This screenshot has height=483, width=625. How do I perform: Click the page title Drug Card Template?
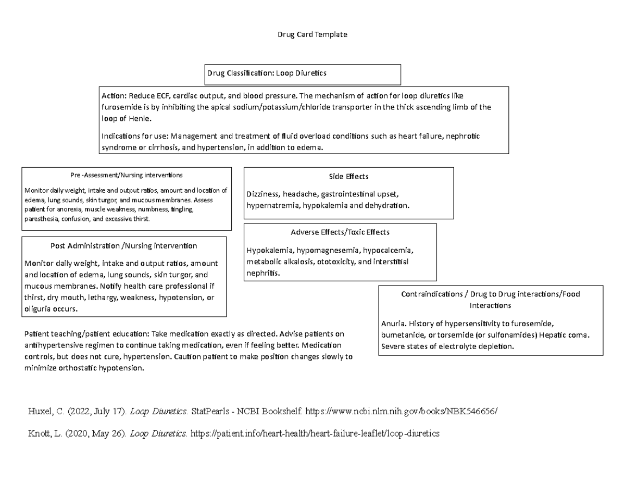(x=312, y=34)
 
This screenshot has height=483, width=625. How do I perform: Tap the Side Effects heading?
(x=348, y=177)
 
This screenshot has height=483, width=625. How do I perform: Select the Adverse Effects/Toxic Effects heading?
(x=340, y=232)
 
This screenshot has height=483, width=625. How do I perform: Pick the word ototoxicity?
(x=336, y=262)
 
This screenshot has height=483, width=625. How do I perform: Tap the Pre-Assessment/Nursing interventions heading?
(x=127, y=175)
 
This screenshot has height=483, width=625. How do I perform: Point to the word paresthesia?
(x=42, y=219)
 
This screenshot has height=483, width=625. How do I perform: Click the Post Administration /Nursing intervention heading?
(x=123, y=245)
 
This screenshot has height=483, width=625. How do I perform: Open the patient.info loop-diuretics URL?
(x=315, y=433)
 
